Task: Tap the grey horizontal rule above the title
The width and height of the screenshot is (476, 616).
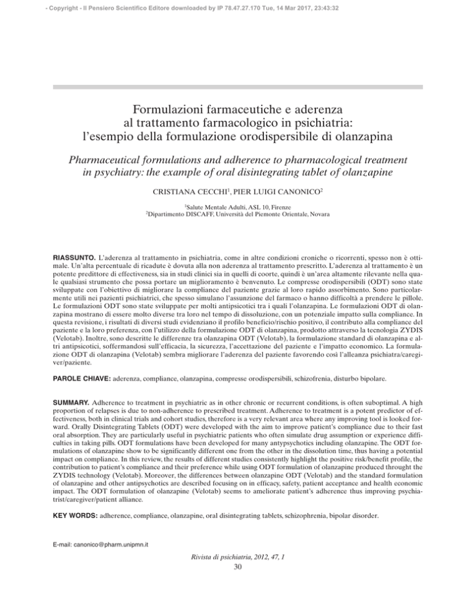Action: [238, 87]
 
